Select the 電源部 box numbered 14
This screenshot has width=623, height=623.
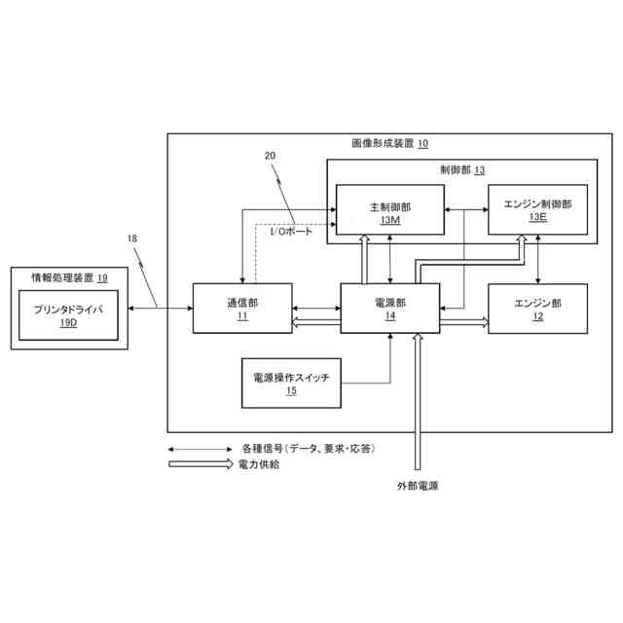[389, 309]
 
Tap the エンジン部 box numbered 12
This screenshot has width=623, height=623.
[537, 309]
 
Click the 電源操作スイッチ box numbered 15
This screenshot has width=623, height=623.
[291, 384]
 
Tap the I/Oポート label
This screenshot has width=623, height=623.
[291, 232]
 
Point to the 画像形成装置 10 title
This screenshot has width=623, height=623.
[388, 144]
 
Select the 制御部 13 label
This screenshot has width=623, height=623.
[462, 169]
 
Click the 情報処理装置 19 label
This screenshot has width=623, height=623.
[69, 277]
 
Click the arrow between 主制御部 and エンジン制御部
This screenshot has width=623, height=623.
[464, 210]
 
